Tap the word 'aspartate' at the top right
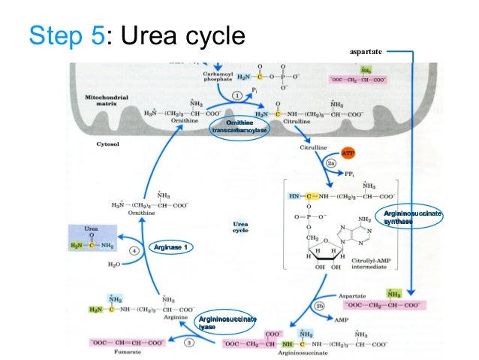[366, 52]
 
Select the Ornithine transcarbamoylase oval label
[239, 127]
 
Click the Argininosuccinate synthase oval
[411, 218]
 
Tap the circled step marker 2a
[330, 163]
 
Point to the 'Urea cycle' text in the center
[240, 226]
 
